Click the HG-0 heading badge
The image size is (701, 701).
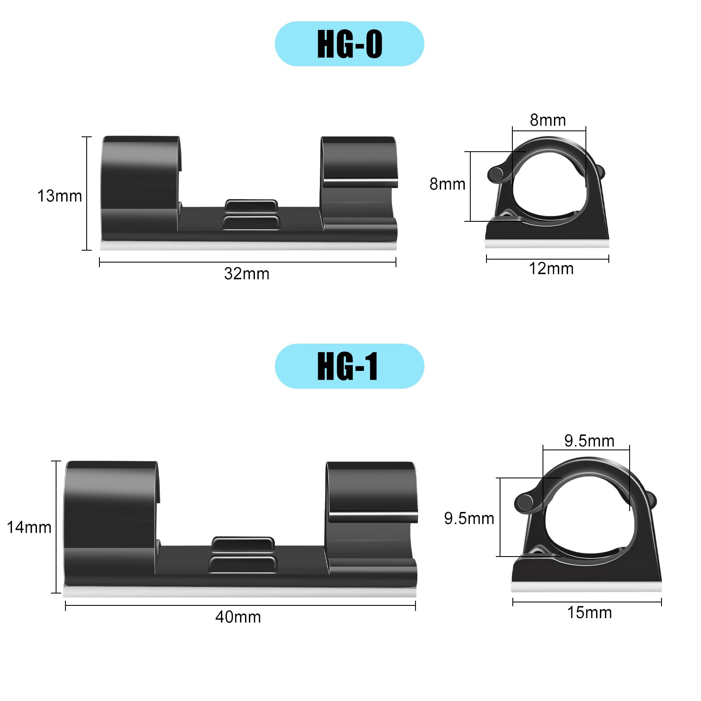tap(349, 44)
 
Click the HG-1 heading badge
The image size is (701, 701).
tap(349, 366)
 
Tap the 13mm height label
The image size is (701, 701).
tap(59, 196)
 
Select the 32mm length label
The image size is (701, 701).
tap(247, 274)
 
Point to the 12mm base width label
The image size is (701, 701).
tap(551, 269)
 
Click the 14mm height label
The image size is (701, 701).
tap(29, 527)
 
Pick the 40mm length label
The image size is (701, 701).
tap(238, 617)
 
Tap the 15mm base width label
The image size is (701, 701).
tap(590, 613)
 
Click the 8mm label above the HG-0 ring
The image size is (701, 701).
tap(548, 120)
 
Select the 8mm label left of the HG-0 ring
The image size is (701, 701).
tap(447, 184)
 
